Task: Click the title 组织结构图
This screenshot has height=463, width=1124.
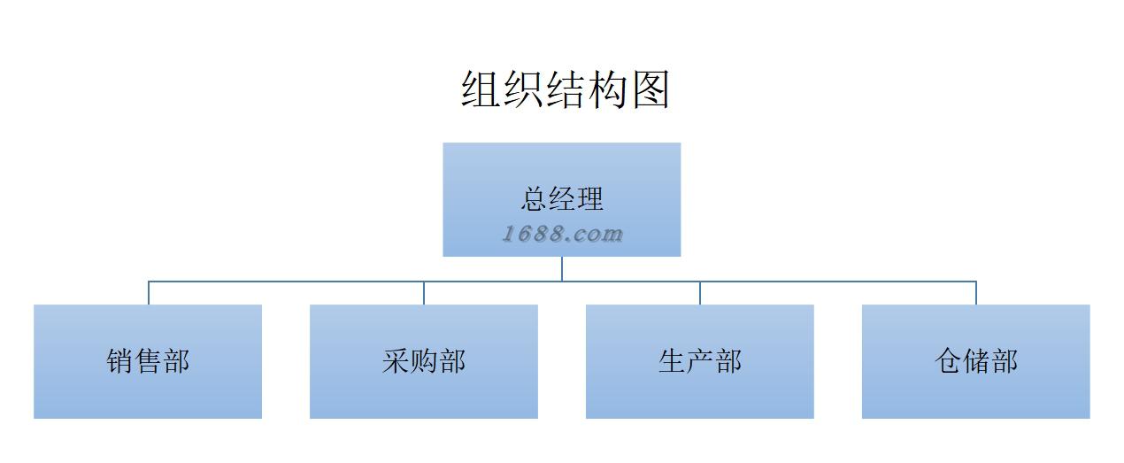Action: tap(565, 90)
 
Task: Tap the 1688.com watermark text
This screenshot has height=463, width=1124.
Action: tap(562, 235)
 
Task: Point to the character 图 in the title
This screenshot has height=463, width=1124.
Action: tap(651, 90)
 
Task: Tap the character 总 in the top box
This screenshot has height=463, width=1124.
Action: tap(534, 199)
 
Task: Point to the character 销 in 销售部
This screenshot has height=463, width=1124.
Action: tap(120, 361)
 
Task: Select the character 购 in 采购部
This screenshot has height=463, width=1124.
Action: tap(424, 361)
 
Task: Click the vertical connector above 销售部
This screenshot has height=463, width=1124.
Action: tap(149, 293)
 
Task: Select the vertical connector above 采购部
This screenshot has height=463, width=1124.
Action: tap(424, 293)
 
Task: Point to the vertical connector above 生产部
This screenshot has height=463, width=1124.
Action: tap(700, 293)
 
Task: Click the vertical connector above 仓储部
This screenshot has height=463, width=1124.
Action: tap(976, 293)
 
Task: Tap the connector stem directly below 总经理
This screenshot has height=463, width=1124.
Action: tap(562, 268)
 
